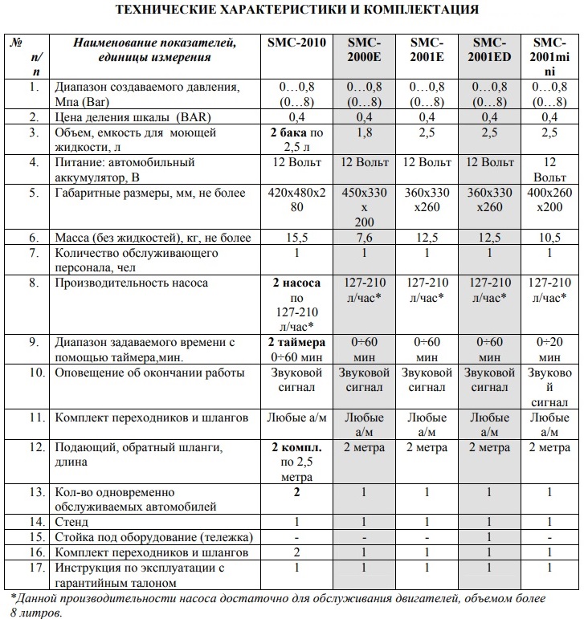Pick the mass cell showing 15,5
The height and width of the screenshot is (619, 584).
click(296, 238)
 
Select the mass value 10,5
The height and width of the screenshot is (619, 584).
click(551, 238)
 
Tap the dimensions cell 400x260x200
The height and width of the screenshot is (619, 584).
click(551, 199)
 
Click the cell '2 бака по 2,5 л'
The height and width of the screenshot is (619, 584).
click(296, 139)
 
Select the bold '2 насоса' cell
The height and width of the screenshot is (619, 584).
click(296, 283)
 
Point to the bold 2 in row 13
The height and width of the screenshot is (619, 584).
click(296, 491)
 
